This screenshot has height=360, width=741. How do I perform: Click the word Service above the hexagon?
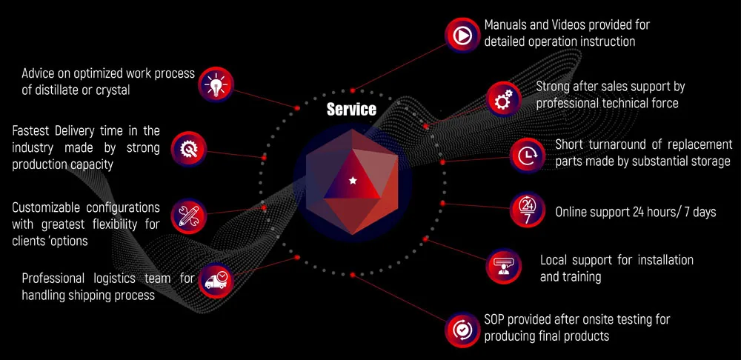(x=351, y=110)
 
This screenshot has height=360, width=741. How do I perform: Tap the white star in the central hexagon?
(x=352, y=180)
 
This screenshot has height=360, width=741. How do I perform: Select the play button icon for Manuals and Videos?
(x=462, y=34)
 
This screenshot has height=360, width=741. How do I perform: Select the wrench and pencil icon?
(x=188, y=215)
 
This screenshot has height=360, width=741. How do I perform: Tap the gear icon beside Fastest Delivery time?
(x=188, y=148)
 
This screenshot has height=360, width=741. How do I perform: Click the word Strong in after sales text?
(x=554, y=87)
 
